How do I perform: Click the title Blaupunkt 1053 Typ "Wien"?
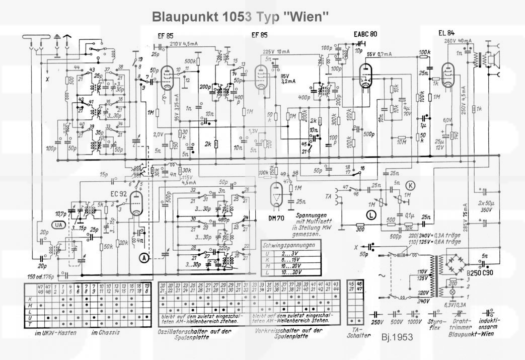point(240,17)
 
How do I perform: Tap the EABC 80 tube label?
point(365,34)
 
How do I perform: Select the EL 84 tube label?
point(446,34)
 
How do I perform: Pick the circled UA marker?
point(59,226)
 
